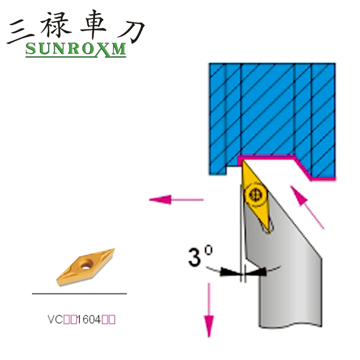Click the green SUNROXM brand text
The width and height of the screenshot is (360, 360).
[x=76, y=49]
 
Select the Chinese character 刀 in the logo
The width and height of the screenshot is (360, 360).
[x=130, y=28]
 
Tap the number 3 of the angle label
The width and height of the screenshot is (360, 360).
[x=195, y=258]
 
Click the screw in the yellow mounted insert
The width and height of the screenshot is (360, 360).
[x=253, y=195]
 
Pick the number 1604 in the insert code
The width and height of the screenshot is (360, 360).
[x=90, y=320]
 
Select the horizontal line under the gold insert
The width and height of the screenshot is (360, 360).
[x=79, y=293]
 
